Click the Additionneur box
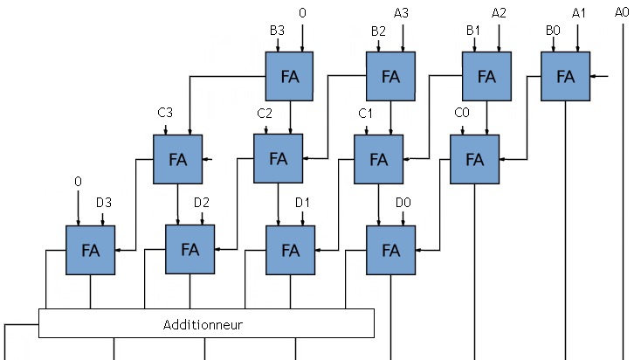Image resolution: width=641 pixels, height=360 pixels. click(206, 324)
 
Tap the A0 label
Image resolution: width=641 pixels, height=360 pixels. click(622, 12)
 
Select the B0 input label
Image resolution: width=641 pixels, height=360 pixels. click(553, 31)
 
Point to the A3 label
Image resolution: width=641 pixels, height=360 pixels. click(402, 13)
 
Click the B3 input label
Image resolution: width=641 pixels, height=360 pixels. click(277, 31)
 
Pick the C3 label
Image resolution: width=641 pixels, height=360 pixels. click(165, 114)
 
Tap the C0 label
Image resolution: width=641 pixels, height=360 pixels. click(462, 114)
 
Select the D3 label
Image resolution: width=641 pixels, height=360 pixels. click(103, 204)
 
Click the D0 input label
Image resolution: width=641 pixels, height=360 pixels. click(403, 204)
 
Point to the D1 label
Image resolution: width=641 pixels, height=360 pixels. click(303, 204)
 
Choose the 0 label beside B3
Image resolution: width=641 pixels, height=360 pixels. click(302, 13)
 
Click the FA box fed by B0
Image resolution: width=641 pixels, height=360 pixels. click(565, 76)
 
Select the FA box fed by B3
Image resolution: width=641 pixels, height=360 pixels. click(290, 76)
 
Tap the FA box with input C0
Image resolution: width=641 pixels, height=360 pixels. click(474, 159)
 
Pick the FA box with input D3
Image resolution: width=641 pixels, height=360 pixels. click(90, 250)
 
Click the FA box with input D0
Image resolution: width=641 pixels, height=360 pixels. click(390, 250)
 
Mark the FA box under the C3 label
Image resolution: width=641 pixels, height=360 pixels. click(178, 159)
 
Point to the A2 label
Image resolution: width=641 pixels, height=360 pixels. click(500, 13)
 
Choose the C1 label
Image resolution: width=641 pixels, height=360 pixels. click(366, 114)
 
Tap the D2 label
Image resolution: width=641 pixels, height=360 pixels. click(202, 204)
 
